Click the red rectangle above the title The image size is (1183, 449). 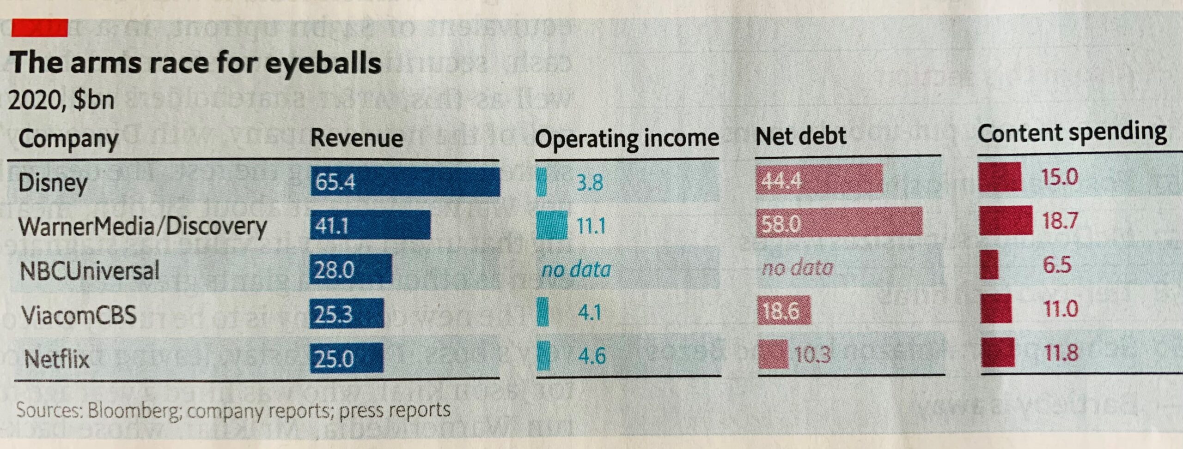click(x=40, y=28)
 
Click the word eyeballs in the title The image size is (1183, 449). click(x=323, y=63)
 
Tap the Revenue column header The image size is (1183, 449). click(x=356, y=138)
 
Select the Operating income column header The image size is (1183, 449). click(x=627, y=138)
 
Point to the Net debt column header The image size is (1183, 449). click(x=800, y=136)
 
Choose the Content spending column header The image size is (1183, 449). click(x=1072, y=133)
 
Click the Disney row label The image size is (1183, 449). click(x=53, y=183)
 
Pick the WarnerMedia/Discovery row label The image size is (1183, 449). click(x=142, y=226)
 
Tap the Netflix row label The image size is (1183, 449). click(x=56, y=359)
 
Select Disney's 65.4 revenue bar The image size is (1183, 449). click(x=405, y=182)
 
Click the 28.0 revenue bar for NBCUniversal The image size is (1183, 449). click(x=350, y=269)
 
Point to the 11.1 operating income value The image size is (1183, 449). click(x=591, y=226)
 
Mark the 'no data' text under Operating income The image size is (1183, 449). click(x=576, y=269)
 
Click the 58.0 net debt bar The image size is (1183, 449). click(x=839, y=223)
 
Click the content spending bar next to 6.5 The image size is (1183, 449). click(x=989, y=265)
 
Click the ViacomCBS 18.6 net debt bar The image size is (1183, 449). click(x=784, y=311)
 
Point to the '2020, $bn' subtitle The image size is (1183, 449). click(x=61, y=100)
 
